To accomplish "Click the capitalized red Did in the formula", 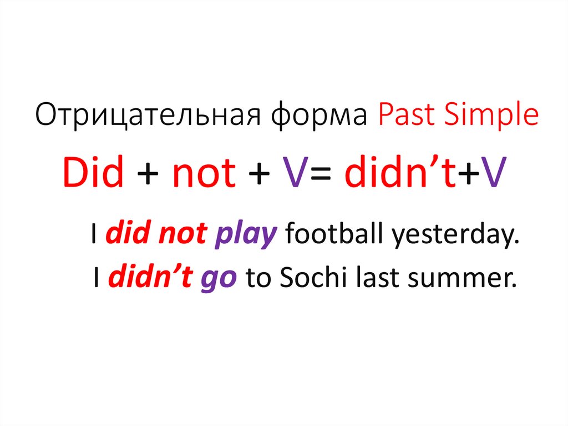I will [x=93, y=173].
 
